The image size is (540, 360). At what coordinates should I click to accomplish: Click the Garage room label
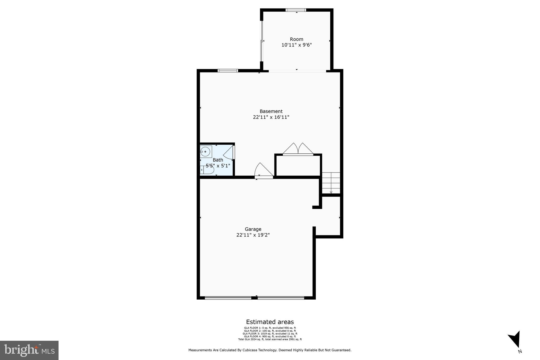click(x=253, y=229)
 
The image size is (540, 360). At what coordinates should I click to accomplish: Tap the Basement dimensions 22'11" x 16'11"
click(x=271, y=117)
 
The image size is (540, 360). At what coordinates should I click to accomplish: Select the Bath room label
click(x=218, y=160)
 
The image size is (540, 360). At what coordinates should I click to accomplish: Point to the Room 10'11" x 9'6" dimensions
click(x=297, y=45)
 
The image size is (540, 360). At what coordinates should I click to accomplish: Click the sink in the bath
click(x=205, y=152)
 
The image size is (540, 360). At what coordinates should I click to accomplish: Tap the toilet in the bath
click(x=208, y=170)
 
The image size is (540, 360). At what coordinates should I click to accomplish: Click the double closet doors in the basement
click(x=298, y=149)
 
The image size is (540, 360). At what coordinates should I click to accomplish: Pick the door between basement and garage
click(x=263, y=171)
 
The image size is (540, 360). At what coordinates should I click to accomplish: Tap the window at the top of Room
click(x=296, y=10)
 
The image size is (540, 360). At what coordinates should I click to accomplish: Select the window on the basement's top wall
click(x=228, y=71)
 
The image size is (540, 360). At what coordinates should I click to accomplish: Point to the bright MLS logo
click(x=29, y=350)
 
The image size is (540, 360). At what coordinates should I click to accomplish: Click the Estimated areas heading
click(x=270, y=322)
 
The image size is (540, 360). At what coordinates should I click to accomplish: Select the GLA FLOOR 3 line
click(x=270, y=334)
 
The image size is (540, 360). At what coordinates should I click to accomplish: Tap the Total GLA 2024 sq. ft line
click(x=270, y=339)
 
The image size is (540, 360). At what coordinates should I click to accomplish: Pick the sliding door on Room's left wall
click(x=262, y=41)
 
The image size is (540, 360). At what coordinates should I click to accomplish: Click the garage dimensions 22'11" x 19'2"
click(x=253, y=235)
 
